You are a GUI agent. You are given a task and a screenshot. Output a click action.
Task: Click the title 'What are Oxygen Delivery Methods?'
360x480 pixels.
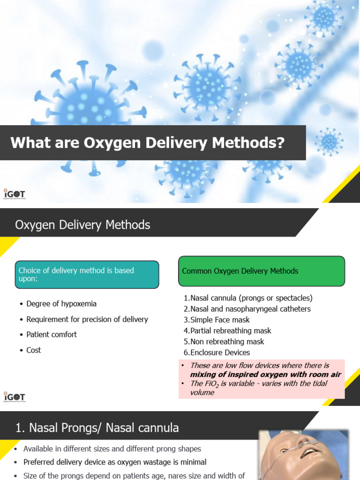click(148, 142)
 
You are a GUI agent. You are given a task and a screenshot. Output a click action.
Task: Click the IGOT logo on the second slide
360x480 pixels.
click(15, 397)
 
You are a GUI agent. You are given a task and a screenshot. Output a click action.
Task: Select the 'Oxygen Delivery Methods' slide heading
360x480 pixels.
click(82, 225)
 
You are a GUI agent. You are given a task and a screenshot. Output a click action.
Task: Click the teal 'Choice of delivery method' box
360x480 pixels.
click(87, 275)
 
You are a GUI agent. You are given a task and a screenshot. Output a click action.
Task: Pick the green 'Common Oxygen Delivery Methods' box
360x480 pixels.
click(261, 271)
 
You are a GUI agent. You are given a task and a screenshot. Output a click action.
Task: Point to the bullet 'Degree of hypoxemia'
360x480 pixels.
click(61, 304)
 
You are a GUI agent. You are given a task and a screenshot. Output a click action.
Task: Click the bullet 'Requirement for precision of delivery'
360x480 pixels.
click(87, 319)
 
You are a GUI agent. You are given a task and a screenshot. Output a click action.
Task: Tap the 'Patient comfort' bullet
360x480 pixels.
click(52, 334)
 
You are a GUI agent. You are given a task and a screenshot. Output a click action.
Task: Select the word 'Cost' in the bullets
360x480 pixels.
click(34, 350)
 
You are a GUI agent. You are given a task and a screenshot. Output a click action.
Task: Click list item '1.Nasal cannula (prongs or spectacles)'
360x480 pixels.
click(247, 298)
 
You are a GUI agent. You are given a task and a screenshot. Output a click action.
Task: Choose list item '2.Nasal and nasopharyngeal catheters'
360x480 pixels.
click(247, 309)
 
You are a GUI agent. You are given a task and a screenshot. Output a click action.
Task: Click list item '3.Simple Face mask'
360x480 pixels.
click(217, 320)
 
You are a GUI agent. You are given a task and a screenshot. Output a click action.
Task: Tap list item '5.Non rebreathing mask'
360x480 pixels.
click(224, 342)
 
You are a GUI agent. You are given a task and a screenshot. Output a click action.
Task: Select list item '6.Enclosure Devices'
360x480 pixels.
click(217, 352)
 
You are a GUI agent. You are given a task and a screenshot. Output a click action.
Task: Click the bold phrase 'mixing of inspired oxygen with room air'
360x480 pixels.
click(265, 375)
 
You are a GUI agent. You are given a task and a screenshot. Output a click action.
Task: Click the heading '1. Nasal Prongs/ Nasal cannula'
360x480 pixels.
click(97, 427)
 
